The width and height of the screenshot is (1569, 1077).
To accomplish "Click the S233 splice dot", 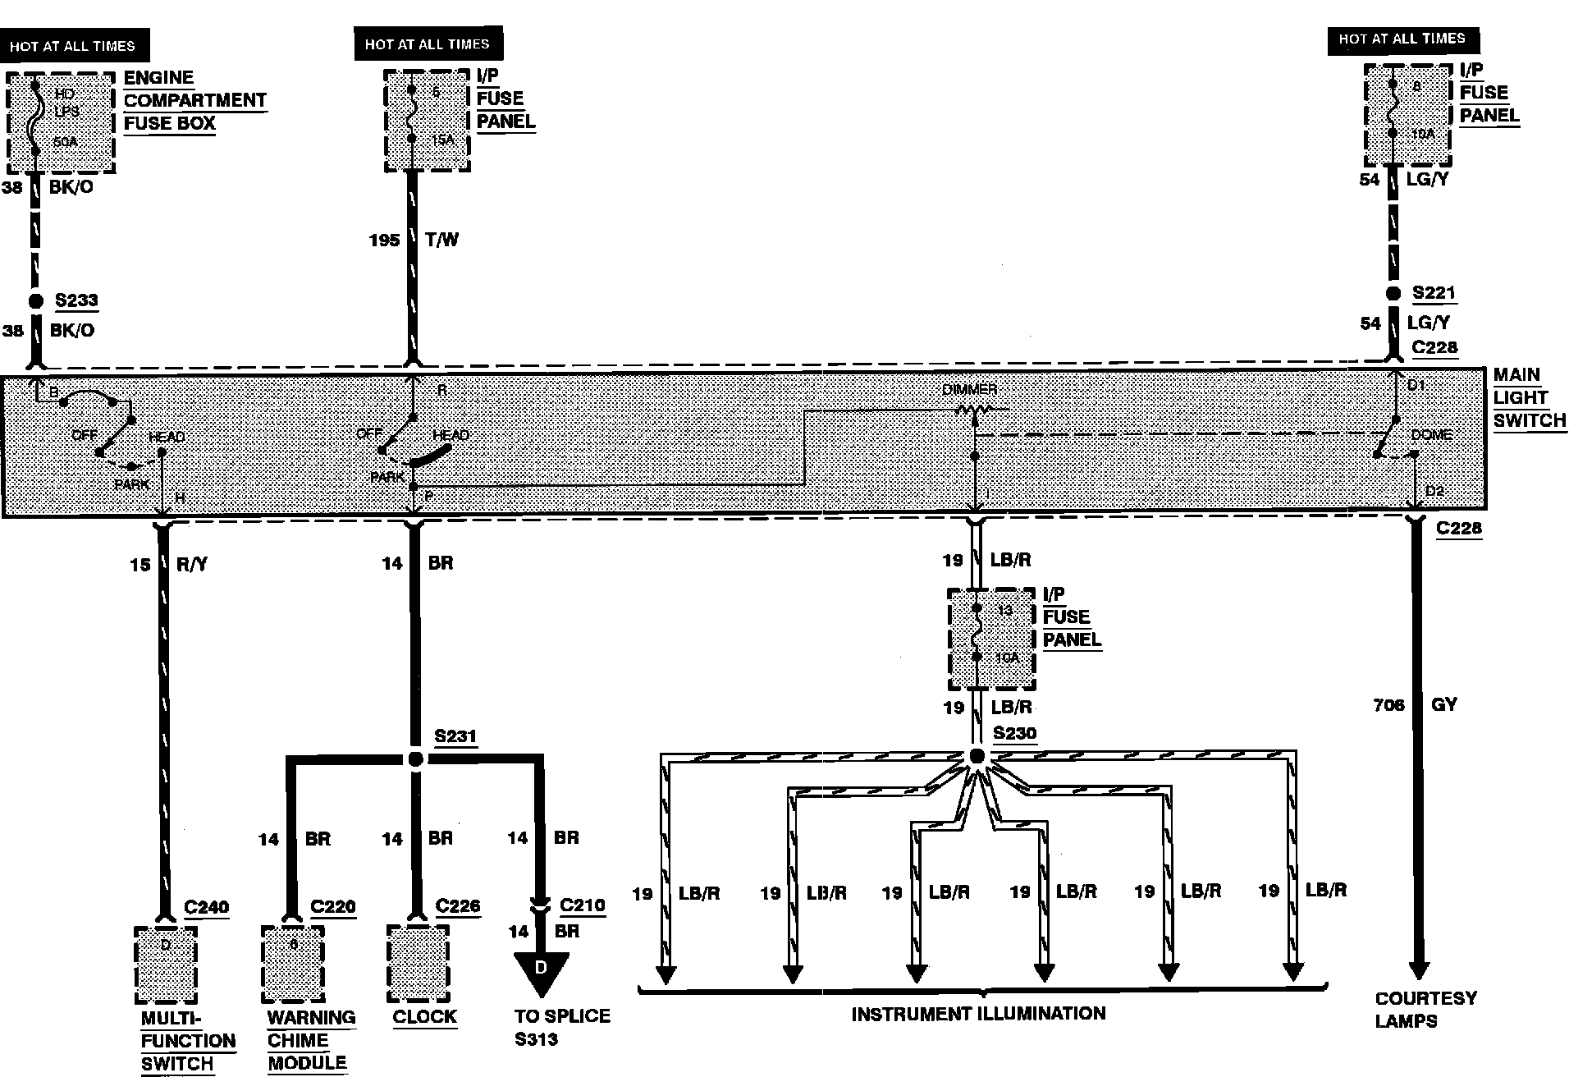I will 35,301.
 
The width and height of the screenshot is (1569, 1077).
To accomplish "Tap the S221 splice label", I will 1434,293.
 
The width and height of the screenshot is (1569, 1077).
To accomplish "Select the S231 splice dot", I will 415,759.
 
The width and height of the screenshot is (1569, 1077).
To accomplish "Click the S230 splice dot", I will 976,756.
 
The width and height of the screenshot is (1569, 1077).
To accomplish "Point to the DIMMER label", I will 969,389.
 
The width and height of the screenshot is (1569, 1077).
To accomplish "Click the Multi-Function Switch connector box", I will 166,965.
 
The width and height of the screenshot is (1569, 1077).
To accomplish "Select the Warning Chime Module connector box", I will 293,965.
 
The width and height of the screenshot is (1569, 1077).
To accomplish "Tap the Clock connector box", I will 419,964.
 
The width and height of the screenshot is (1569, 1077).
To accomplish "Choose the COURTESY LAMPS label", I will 1414,1010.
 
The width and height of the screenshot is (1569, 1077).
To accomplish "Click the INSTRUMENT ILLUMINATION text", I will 978,1014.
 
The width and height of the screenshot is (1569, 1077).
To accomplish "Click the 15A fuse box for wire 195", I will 427,120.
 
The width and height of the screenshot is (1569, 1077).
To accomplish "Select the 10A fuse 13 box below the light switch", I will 991,639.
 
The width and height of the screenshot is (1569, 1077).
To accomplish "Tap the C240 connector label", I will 206,907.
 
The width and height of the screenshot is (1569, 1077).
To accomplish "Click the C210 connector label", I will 582,905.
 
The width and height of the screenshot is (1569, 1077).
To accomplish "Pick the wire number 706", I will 1388,704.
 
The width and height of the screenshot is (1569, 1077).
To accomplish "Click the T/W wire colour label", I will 441,240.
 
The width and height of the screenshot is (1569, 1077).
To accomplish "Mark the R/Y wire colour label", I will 193,564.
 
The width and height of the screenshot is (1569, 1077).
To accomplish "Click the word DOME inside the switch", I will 1431,434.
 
